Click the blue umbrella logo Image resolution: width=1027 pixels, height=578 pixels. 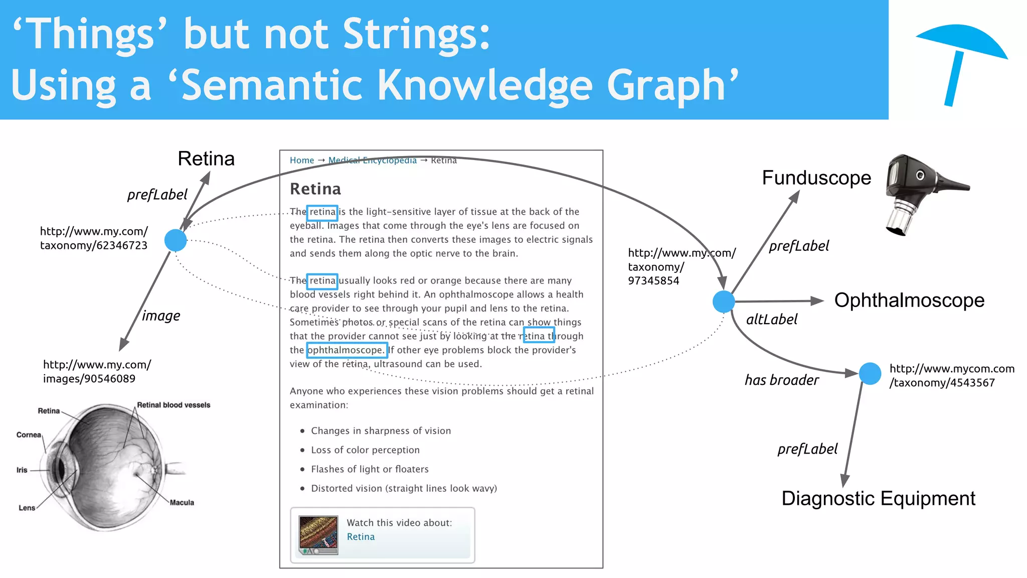point(960,60)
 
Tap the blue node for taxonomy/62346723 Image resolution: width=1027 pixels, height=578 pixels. point(176,240)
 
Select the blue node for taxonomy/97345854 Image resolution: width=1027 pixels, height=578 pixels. point(724,302)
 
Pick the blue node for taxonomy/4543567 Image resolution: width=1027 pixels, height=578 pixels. point(870,374)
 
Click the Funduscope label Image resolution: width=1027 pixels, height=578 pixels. point(816,178)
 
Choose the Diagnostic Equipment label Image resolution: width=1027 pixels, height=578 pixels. point(878,499)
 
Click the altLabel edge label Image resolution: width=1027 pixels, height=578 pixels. point(771,320)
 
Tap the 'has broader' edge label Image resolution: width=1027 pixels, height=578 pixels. point(781,380)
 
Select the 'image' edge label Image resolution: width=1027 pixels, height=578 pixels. point(161,316)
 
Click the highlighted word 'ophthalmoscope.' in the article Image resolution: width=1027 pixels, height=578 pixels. point(347,350)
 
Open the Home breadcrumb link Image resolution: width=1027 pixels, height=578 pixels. point(302,161)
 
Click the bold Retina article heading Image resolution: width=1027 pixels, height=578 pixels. point(315,189)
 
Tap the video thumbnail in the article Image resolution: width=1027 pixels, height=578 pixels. point(318,535)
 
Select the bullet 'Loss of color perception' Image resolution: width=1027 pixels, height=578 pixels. point(365,450)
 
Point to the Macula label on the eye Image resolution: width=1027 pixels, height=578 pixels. point(182,503)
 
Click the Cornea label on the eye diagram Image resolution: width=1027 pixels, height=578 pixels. point(29,435)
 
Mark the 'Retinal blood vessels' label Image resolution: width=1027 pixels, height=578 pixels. point(174,405)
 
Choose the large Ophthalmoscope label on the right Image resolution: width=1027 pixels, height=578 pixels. point(909,301)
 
